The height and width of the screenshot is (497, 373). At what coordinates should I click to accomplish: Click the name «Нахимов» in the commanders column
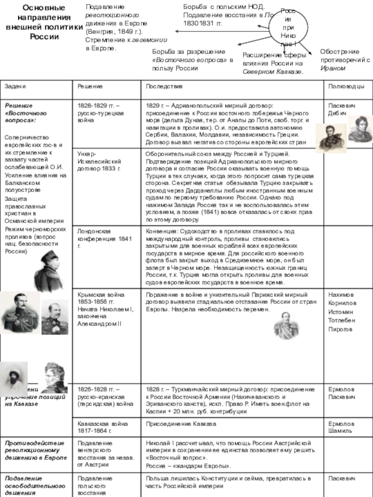(x=341, y=295)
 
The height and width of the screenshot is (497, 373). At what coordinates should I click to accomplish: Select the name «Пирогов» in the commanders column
(x=340, y=329)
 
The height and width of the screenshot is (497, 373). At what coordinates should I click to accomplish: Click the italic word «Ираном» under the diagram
(x=333, y=68)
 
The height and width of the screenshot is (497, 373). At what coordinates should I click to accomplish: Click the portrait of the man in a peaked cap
(x=48, y=271)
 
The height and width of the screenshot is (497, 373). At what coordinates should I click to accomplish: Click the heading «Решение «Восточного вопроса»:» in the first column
(x=25, y=112)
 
